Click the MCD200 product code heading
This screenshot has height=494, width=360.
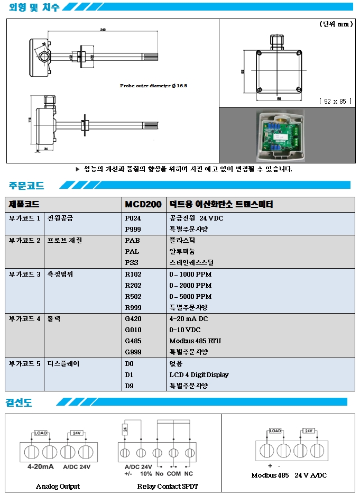(143, 204)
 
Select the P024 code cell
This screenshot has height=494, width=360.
(133, 218)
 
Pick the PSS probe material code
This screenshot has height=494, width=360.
(132, 262)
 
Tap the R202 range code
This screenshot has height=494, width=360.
(133, 285)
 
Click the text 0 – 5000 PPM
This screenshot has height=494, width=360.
(190, 296)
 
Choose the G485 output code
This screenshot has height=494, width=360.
(133, 341)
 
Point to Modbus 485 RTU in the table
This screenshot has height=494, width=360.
(195, 341)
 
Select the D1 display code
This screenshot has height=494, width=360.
(130, 374)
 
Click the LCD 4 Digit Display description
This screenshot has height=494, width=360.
(199, 374)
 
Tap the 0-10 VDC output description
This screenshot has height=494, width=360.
(185, 330)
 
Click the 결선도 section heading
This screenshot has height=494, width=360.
(19, 402)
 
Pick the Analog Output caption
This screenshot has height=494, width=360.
(58, 486)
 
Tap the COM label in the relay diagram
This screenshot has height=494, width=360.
(174, 473)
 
